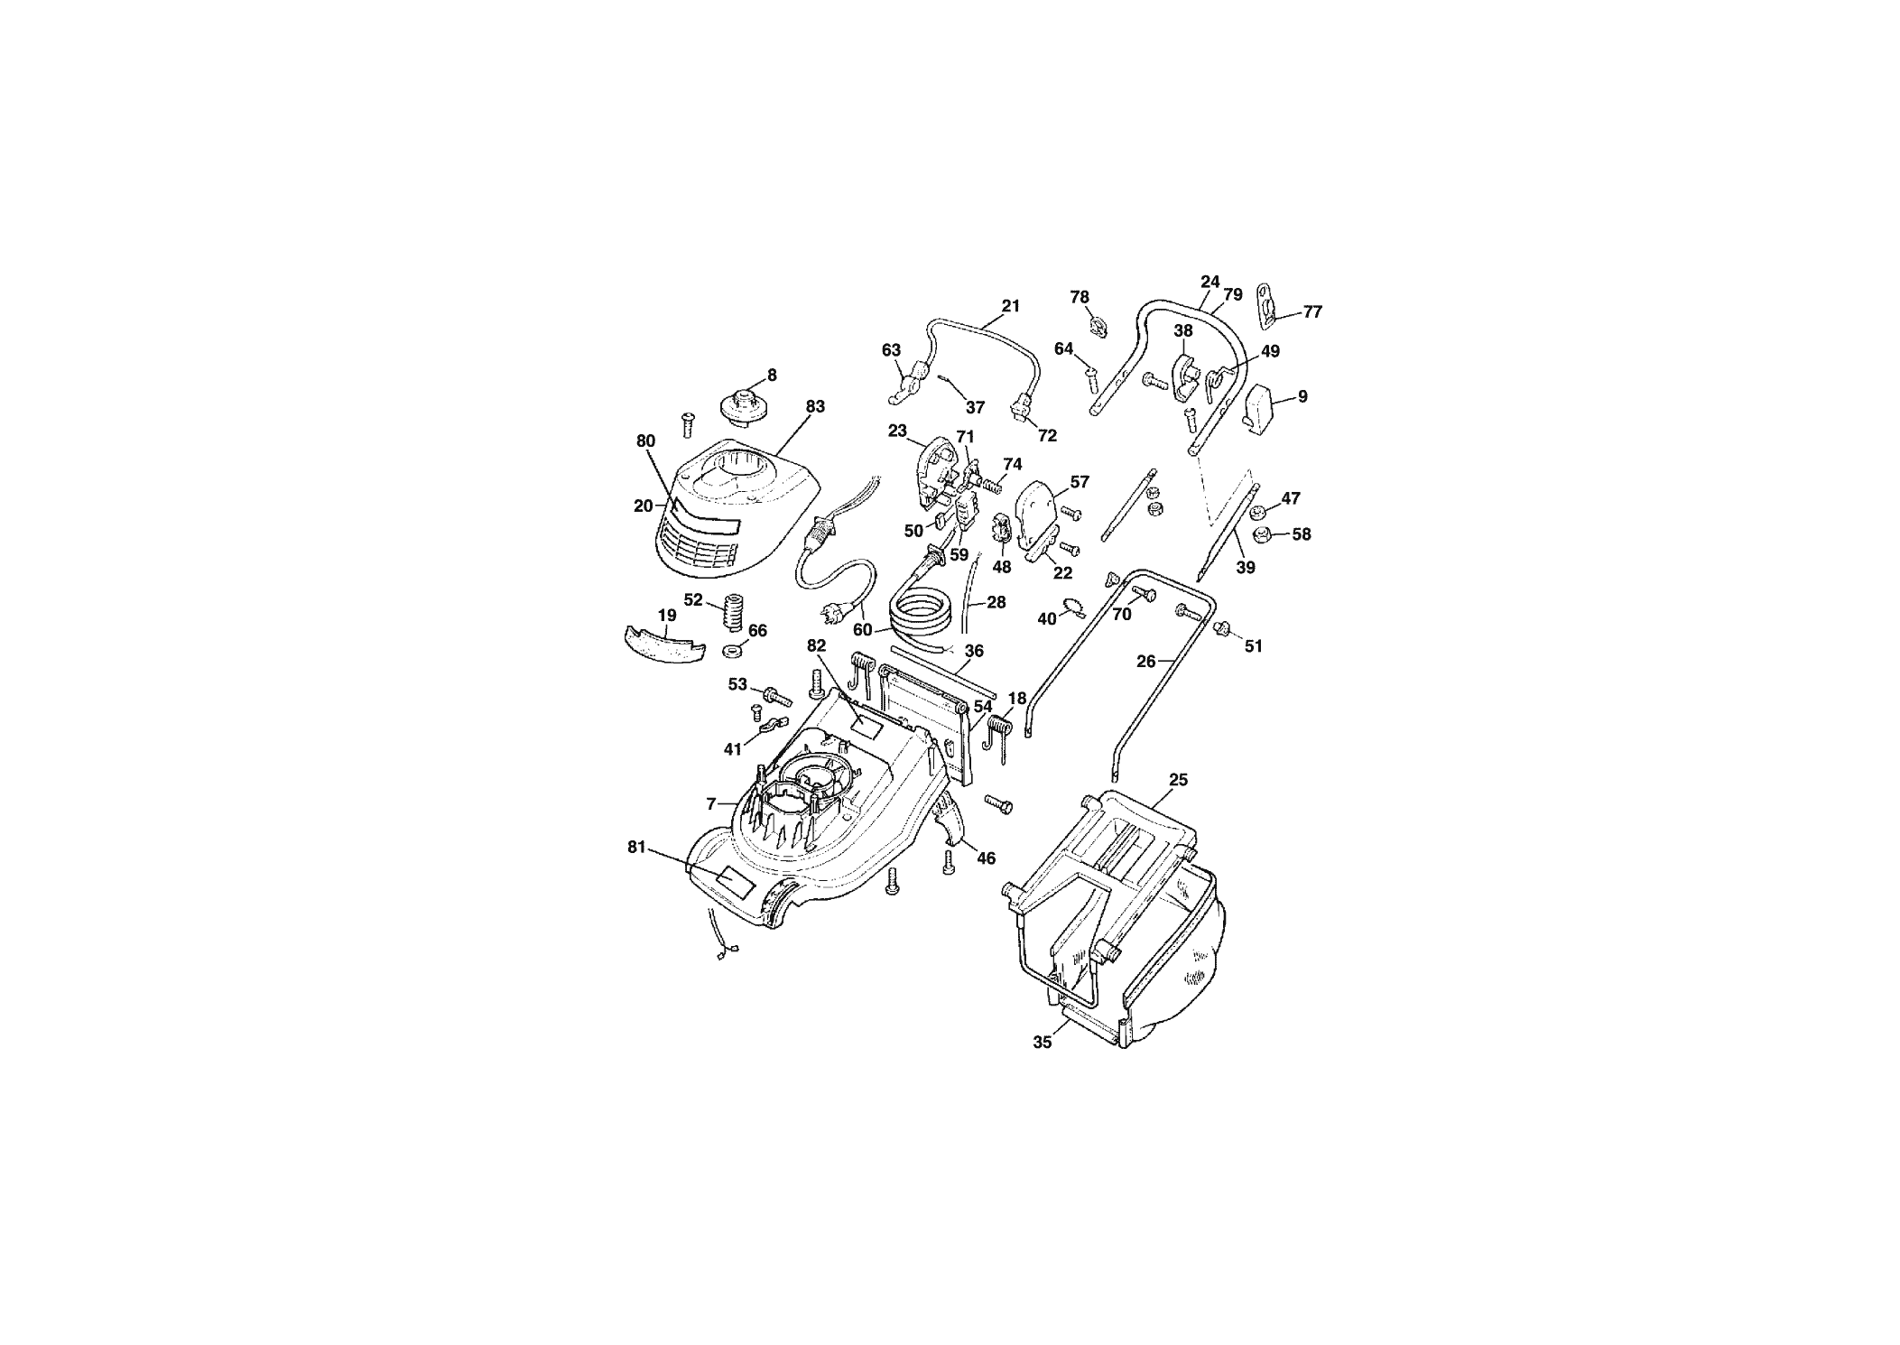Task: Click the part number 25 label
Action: click(1178, 779)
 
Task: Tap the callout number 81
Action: click(637, 847)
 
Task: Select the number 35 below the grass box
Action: click(1042, 1042)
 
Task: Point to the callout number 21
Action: click(1010, 306)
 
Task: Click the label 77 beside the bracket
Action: click(1312, 312)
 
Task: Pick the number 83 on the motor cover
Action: click(815, 407)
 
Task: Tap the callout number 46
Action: click(986, 858)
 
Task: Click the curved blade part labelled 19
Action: click(662, 644)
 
